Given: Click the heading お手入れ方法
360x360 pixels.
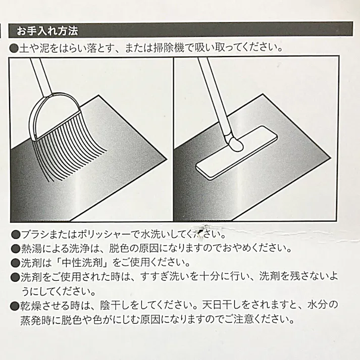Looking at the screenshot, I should tap(47, 31).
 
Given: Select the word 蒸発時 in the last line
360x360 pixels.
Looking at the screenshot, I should tap(35, 320).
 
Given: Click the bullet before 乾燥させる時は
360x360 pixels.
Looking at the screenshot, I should tap(15, 305).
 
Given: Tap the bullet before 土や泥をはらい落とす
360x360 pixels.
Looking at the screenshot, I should tap(14, 48).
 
